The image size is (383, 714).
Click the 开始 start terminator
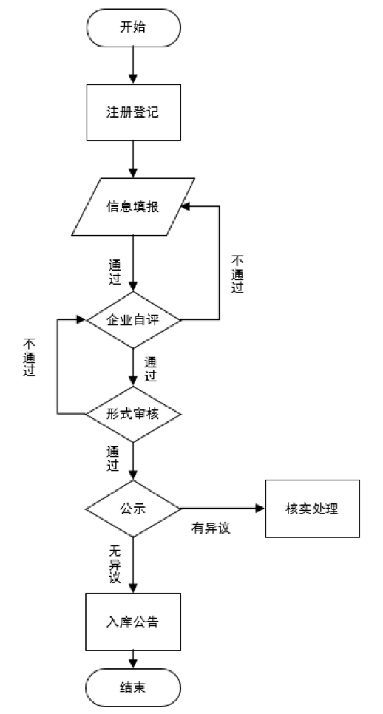point(133,27)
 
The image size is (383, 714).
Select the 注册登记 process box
point(133,112)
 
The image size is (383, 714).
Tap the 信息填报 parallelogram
point(133,207)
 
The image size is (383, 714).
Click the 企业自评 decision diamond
point(133,319)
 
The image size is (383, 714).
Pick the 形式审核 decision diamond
point(133,414)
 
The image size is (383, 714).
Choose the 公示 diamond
point(133,509)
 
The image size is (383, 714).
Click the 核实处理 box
point(313,509)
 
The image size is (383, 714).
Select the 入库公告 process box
point(133,622)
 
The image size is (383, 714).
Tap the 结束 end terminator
point(133,687)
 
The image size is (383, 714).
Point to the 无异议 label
point(115,565)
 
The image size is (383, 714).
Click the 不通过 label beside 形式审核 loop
point(30,358)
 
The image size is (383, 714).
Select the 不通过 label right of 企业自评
point(238,274)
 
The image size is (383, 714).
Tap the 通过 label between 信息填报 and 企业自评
point(115,272)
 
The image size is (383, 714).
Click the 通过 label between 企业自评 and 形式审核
point(151,370)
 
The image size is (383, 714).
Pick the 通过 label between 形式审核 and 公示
point(113,459)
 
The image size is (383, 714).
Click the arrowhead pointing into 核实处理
point(260,509)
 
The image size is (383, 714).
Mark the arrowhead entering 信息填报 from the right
point(186,207)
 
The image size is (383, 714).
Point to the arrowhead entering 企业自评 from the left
point(81,319)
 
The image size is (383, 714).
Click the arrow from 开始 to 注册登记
point(133,66)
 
